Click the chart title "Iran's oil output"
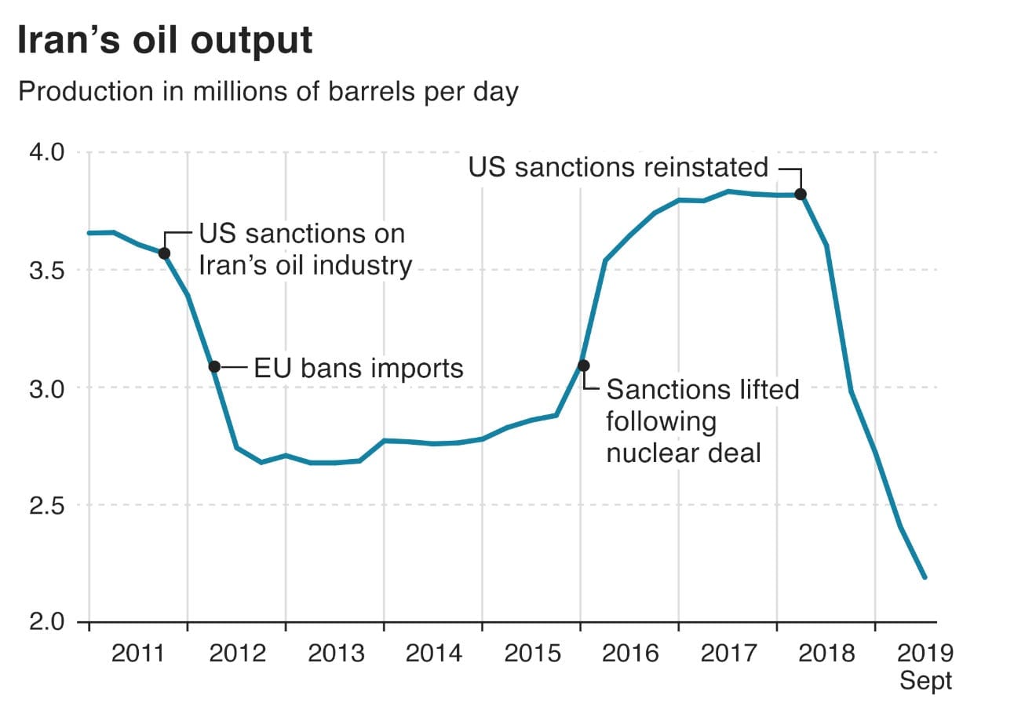[165, 41]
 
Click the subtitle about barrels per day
[268, 93]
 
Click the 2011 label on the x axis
[138, 653]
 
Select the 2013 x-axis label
[334, 653]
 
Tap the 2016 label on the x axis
[629, 653]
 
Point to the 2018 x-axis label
[825, 653]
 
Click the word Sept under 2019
[925, 680]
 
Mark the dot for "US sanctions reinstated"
[801, 194]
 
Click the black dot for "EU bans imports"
[214, 366]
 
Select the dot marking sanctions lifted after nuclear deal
[583, 366]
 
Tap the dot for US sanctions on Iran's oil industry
[164, 253]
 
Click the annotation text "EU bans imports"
[359, 368]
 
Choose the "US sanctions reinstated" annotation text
[618, 167]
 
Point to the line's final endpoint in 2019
[925, 577]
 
